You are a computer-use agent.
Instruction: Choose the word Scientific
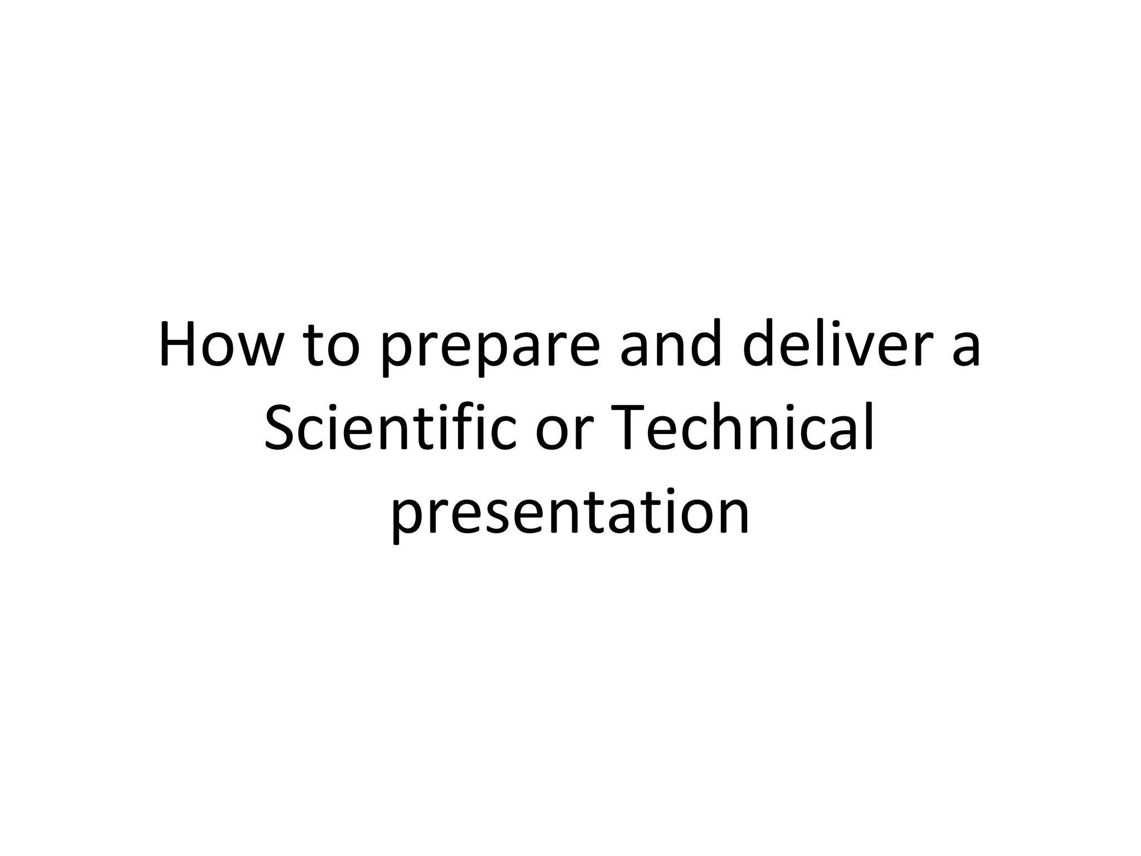389,427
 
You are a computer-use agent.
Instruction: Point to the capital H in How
177,344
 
